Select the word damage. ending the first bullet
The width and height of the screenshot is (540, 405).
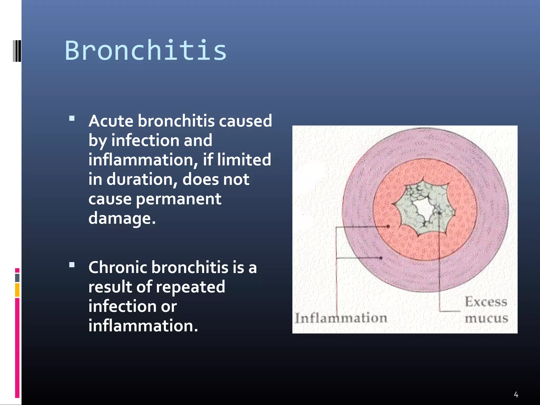tap(122, 218)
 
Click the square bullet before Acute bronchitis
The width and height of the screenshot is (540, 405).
tap(72, 118)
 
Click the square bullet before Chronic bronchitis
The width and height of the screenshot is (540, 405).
tap(72, 265)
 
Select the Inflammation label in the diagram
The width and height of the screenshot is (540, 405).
tap(341, 318)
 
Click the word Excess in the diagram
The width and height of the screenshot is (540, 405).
tap(486, 302)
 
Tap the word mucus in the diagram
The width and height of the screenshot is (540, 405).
tap(486, 318)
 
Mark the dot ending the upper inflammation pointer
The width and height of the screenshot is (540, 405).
tap(388, 226)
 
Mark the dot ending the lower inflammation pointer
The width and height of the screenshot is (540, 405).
tap(381, 258)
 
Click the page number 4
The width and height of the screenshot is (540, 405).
tap(516, 395)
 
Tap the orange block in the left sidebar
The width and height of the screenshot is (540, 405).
tap(17, 290)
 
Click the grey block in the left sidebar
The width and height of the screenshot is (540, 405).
tap(17, 278)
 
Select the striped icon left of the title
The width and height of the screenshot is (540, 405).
tap(17, 51)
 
